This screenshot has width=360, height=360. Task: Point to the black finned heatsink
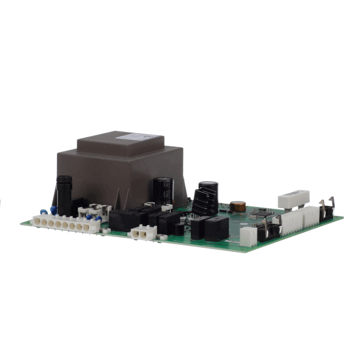pos(203,202)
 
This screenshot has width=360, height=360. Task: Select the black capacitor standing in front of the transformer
pos(163,190)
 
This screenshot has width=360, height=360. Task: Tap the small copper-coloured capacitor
pos(238,206)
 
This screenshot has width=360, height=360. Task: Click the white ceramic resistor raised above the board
pos(293,199)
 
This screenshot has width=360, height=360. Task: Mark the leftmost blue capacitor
pos(44,211)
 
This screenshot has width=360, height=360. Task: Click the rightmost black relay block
pos(216,228)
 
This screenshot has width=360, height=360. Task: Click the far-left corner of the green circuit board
pos(22,224)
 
